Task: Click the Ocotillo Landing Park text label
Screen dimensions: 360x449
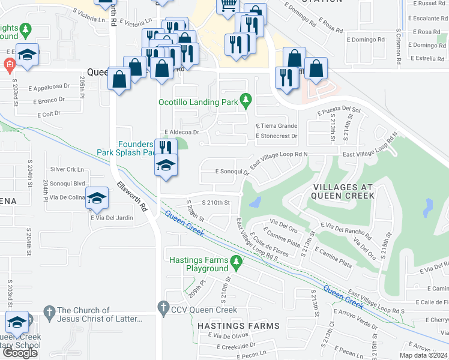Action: (197, 102)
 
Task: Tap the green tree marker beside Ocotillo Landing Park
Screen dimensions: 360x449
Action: (245, 98)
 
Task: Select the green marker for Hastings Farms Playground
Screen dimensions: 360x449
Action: (237, 261)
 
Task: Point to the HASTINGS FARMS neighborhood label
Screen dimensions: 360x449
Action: (238, 326)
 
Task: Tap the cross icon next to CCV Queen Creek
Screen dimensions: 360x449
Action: (163, 310)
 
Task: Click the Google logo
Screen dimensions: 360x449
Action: (20, 353)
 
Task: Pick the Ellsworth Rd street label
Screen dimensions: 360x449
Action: (132, 196)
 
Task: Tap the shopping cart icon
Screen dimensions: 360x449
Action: (228, 6)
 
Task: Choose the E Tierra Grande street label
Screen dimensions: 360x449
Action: (276, 126)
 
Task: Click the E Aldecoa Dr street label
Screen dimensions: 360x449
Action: (181, 131)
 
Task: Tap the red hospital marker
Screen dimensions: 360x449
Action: (9, 64)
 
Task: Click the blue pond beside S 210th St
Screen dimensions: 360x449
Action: (255, 203)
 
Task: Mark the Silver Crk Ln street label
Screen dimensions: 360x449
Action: (67, 170)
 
